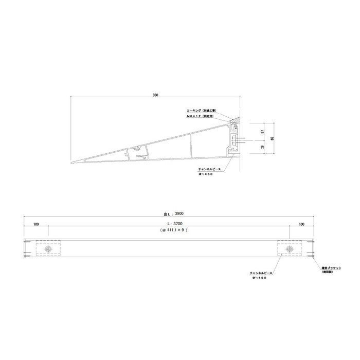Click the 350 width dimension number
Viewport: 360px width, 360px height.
pyautogui.click(x=155, y=95)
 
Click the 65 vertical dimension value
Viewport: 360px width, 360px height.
pyautogui.click(x=273, y=138)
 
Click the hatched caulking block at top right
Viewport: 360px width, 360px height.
pyautogui.click(x=235, y=120)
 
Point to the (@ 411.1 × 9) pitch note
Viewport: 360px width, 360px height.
pyautogui.click(x=172, y=232)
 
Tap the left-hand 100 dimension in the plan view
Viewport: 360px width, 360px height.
pyautogui.click(x=35, y=224)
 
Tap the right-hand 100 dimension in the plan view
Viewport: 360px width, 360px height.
pyautogui.click(x=301, y=224)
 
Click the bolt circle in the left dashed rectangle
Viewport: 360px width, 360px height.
pyautogui.click(x=48, y=249)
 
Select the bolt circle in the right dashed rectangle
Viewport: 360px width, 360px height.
pyautogui.click(x=290, y=249)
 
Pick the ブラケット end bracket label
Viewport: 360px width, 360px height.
pyautogui.click(x=326, y=268)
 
